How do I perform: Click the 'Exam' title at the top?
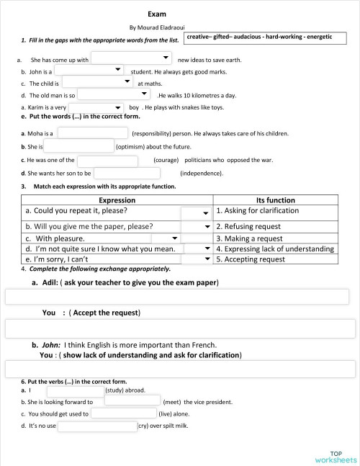tap(157, 14)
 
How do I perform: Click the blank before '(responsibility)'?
tap(92, 133)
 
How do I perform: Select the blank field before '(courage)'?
tap(107, 160)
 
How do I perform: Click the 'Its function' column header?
tap(275, 200)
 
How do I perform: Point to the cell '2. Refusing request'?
tap(248, 226)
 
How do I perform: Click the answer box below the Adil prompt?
tap(180, 297)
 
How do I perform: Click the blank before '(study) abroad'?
tap(76, 390)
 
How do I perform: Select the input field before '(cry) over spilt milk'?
tap(97, 426)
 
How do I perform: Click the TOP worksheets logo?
tap(335, 455)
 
